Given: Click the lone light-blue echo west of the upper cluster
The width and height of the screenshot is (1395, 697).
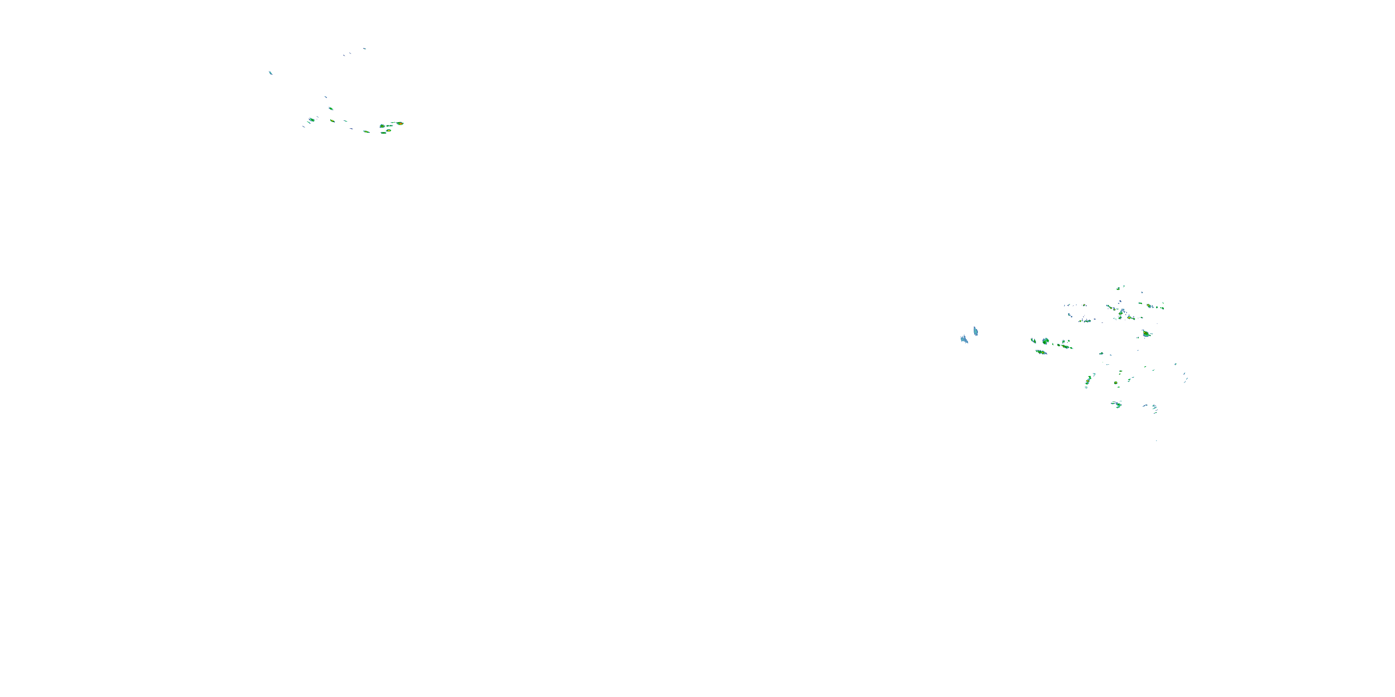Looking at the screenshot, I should [x=270, y=72].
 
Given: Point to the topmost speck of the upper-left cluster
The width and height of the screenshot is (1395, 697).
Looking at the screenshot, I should [x=365, y=49].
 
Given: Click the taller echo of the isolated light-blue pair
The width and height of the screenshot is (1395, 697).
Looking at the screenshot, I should [x=975, y=331].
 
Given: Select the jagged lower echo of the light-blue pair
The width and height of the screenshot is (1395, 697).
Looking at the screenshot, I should [x=964, y=339].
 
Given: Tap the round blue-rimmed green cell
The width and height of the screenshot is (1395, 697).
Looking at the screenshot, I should [x=1046, y=341].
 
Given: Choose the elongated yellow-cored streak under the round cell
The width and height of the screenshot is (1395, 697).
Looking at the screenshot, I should [x=1041, y=352].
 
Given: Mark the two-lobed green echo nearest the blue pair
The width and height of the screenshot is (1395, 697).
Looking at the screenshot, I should [x=1033, y=341].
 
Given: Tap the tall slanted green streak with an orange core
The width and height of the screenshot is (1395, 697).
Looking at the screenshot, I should [x=1088, y=381].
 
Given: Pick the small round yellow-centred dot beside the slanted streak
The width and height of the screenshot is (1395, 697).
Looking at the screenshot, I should [x=1116, y=383].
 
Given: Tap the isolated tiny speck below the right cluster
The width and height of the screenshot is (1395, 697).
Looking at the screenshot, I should [x=1156, y=441].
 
